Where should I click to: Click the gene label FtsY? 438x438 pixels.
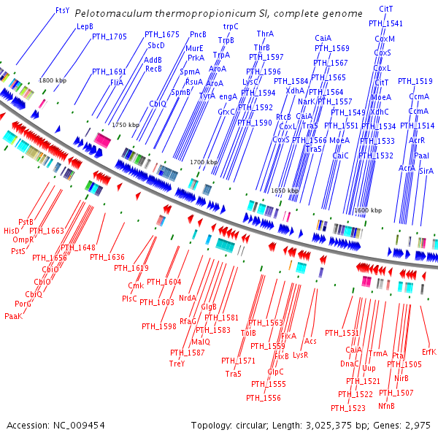[63, 11]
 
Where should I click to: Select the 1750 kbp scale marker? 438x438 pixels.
[125, 125]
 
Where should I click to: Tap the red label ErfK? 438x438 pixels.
[429, 351]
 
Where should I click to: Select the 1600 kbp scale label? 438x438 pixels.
[367, 210]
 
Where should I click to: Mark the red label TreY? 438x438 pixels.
[177, 363]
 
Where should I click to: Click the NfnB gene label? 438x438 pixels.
[387, 405]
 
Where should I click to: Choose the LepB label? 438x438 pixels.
[85, 26]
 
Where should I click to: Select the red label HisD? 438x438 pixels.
[12, 230]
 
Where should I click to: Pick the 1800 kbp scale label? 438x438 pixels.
[53, 80]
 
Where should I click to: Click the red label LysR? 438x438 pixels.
[300, 355]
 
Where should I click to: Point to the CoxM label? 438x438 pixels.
[385, 39]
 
